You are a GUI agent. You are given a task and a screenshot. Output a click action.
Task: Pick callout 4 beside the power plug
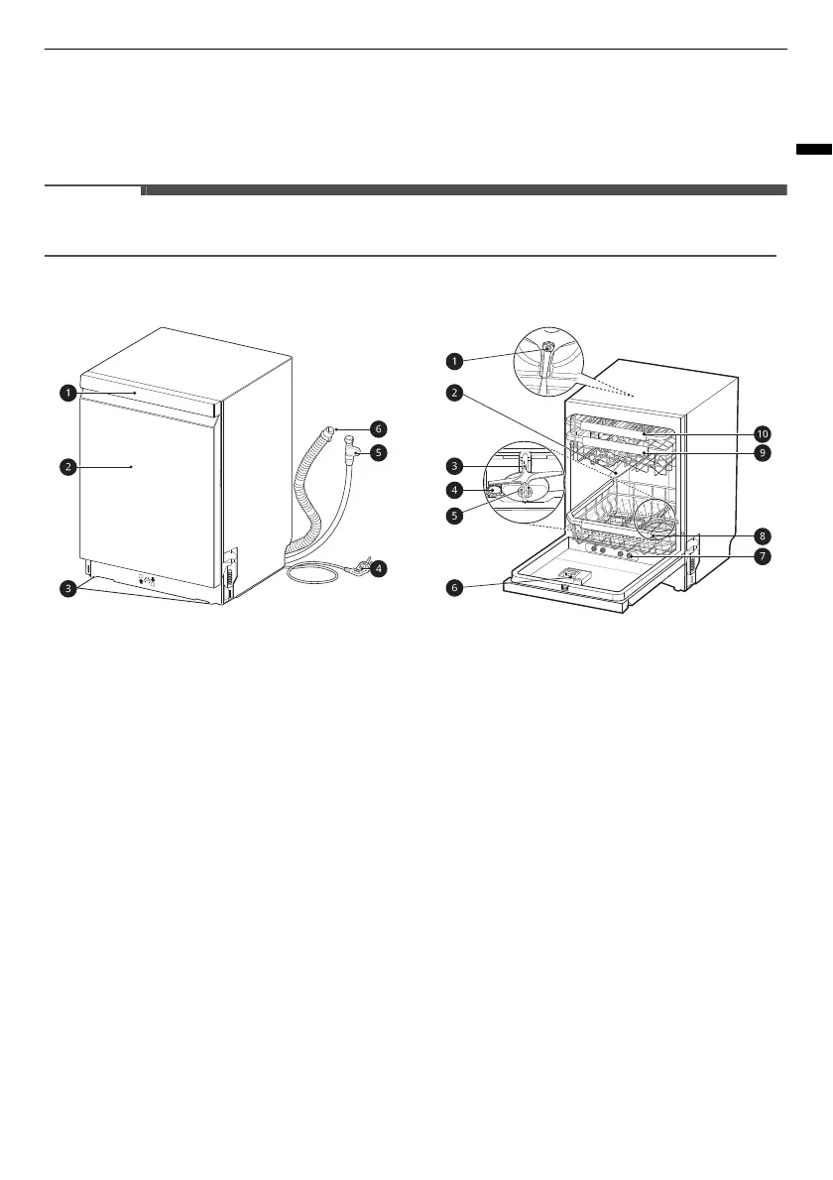tap(380, 569)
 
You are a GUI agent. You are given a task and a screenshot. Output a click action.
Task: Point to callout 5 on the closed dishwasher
tap(380, 452)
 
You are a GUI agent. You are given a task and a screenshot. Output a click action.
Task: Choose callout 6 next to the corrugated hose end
tap(380, 428)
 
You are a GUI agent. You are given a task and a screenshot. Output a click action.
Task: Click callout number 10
tap(761, 433)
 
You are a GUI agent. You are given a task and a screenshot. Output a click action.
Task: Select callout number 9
tap(761, 452)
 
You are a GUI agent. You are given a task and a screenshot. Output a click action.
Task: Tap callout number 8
tap(761, 535)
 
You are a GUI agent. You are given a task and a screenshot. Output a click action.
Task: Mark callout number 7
tap(761, 556)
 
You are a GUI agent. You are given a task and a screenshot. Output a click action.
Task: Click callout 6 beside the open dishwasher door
tap(454, 588)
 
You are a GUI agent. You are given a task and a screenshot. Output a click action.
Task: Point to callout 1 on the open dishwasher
tap(454, 360)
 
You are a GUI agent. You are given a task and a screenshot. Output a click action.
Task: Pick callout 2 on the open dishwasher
tap(454, 394)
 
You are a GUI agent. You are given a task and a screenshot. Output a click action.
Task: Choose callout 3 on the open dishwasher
tap(454, 465)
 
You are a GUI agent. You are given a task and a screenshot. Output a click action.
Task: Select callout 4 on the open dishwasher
tap(454, 489)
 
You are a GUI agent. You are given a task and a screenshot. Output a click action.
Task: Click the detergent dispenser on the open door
tap(573, 576)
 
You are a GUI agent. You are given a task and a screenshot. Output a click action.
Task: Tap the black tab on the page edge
tap(813, 150)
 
